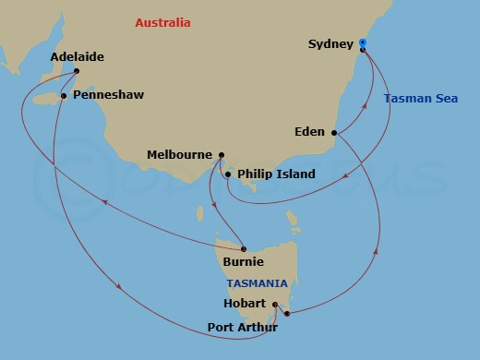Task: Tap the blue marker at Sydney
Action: [363, 42]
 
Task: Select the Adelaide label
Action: [78, 57]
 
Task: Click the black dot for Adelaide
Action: [77, 71]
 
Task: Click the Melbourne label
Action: [179, 154]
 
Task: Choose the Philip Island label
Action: [276, 174]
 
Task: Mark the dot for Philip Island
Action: [227, 174]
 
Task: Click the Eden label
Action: [310, 132]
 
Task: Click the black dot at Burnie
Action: [244, 247]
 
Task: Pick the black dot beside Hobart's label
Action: [276, 303]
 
